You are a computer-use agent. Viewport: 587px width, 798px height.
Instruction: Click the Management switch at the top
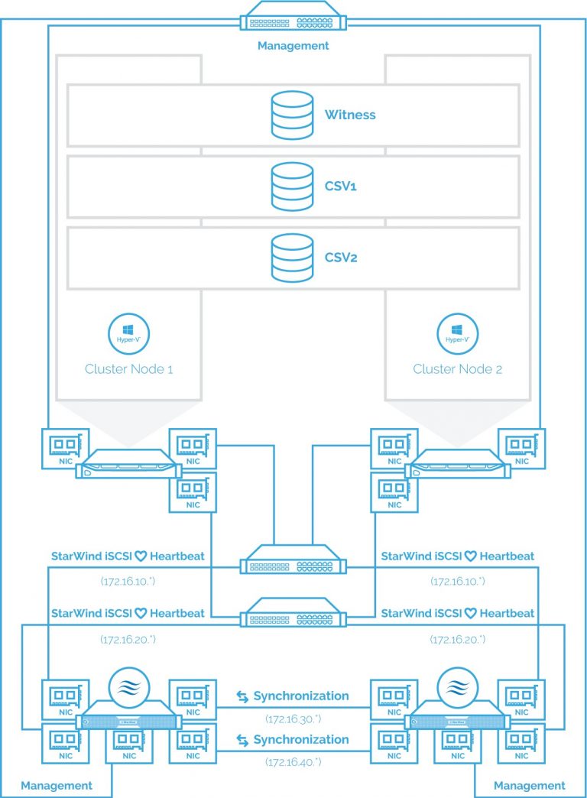click(293, 15)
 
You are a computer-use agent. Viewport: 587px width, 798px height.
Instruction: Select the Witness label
click(350, 115)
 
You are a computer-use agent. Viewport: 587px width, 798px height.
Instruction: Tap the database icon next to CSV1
click(292, 186)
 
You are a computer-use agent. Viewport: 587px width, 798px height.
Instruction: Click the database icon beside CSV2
click(292, 258)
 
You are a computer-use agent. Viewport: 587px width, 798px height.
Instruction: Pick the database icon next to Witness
click(292, 115)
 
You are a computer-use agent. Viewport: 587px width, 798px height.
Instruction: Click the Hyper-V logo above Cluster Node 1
click(128, 332)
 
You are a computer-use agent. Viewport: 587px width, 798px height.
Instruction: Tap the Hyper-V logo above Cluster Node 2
click(457, 332)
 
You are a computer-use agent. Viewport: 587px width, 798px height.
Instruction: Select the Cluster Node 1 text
click(128, 369)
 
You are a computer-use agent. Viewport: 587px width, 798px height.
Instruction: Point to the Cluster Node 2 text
click(457, 369)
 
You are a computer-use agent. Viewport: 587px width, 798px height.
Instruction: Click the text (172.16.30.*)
click(293, 719)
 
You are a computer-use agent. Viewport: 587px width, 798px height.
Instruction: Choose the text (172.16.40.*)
click(293, 762)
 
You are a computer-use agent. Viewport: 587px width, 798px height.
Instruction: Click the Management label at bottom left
click(57, 785)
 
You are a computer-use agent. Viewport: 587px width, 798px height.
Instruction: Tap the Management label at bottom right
click(530, 785)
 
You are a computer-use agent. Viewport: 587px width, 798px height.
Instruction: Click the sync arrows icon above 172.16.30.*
click(242, 697)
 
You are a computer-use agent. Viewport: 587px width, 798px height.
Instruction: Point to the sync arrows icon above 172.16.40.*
click(242, 740)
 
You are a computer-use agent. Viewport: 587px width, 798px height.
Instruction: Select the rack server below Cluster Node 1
click(128, 464)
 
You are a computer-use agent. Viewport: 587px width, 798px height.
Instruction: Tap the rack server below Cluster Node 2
click(457, 464)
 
